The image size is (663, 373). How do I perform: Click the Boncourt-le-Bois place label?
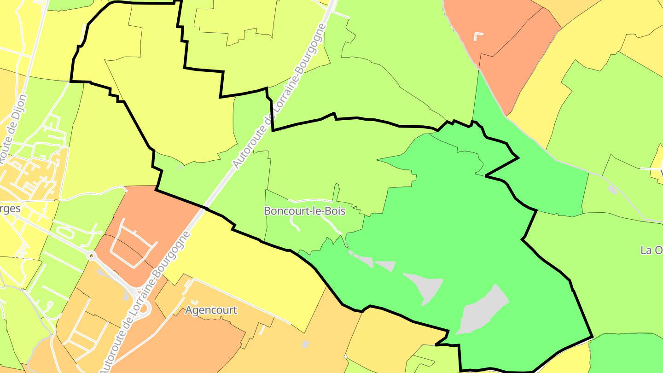click(304, 211)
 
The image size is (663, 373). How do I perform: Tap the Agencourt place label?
click(211, 310)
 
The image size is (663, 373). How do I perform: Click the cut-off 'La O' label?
click(651, 250)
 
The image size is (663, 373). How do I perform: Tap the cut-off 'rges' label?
click(10, 209)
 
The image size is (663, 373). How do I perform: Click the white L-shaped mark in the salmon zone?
click(479, 36)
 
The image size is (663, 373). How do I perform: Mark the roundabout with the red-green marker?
click(92, 255)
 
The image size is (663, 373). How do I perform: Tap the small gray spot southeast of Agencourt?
click(305, 344)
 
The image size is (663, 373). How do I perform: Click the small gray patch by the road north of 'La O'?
click(612, 189)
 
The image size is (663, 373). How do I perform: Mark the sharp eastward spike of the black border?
click(518, 158)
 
